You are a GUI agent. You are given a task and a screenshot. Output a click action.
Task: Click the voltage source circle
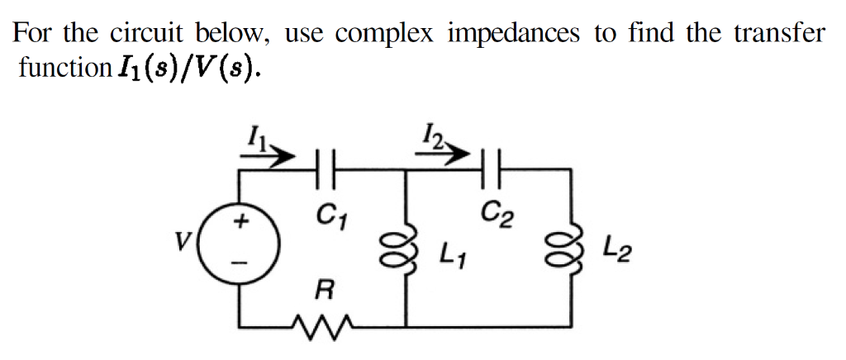point(241,241)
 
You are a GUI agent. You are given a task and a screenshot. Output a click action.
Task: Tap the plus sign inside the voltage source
point(242,221)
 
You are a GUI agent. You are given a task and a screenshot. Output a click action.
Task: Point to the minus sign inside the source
point(242,263)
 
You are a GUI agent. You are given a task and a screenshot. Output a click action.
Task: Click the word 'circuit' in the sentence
point(148,33)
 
